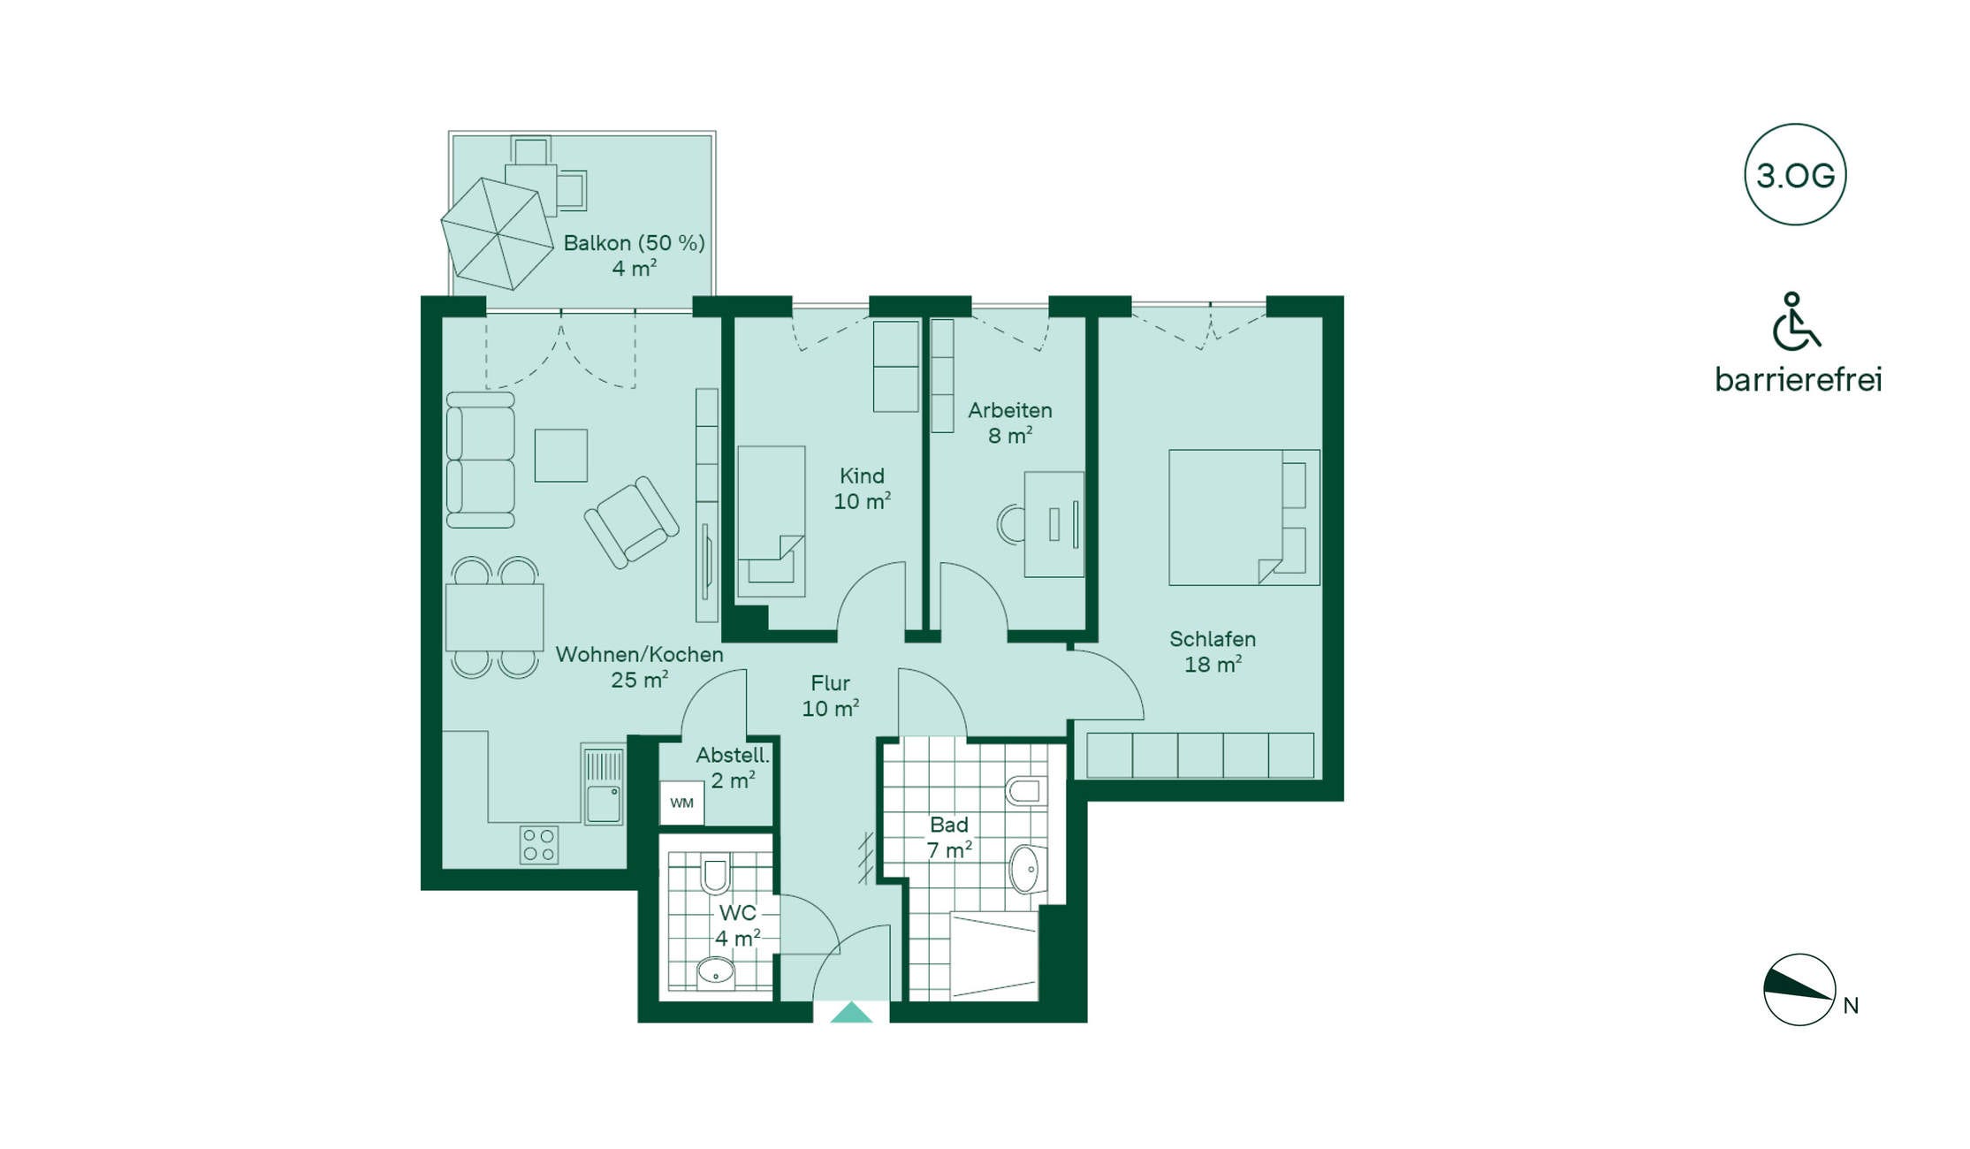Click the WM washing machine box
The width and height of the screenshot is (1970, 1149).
pyautogui.click(x=681, y=803)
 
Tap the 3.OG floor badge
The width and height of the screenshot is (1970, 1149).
pyautogui.click(x=1795, y=174)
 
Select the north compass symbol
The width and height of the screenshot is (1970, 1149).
pyautogui.click(x=1799, y=990)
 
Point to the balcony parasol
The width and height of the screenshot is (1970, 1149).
pyautogui.click(x=497, y=234)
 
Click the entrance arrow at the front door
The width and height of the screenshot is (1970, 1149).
pyautogui.click(x=851, y=1012)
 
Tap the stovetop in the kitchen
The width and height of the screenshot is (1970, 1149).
pyautogui.click(x=538, y=844)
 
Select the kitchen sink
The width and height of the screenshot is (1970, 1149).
pyautogui.click(x=603, y=784)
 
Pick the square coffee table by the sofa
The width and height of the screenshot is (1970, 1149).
pyautogui.click(x=561, y=455)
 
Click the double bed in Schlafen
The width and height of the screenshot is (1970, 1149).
pyautogui.click(x=1244, y=517)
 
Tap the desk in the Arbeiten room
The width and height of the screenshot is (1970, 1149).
pyautogui.click(x=1053, y=524)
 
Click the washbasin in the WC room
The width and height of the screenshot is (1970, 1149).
pyautogui.click(x=716, y=973)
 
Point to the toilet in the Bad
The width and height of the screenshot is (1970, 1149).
pyautogui.click(x=1027, y=791)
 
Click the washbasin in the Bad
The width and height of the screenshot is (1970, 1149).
pyautogui.click(x=1027, y=870)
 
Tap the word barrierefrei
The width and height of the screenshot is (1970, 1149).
pyautogui.click(x=1799, y=379)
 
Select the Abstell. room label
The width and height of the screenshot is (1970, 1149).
pyautogui.click(x=733, y=756)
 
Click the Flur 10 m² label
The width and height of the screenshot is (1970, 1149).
pyautogui.click(x=831, y=696)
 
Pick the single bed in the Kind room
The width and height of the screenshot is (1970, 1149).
pyautogui.click(x=772, y=521)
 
